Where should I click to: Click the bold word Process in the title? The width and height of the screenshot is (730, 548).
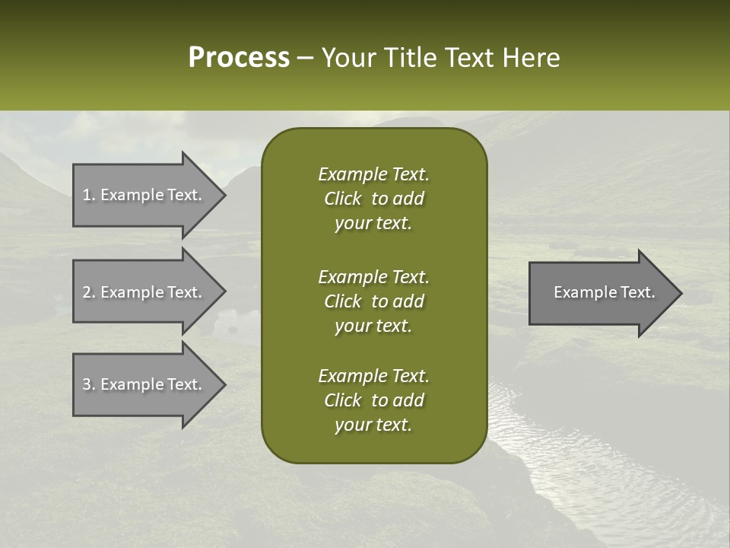[x=239, y=58]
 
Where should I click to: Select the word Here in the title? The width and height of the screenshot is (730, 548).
[x=531, y=58]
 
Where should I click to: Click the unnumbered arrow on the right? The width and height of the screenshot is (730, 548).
[x=601, y=292]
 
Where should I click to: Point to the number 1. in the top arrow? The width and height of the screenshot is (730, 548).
[x=89, y=195]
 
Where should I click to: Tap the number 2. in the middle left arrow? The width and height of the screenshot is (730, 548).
[x=89, y=292]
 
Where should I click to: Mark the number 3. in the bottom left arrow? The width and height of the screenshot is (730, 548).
[x=89, y=384]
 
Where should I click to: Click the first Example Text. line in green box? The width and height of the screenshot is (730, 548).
[x=373, y=174]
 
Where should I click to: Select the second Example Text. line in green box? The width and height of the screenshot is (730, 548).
[x=373, y=276]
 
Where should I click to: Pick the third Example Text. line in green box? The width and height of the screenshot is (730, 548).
[x=373, y=376]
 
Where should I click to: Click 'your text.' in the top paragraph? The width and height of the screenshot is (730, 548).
[x=373, y=224]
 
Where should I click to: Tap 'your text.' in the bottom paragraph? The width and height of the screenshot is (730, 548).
[x=373, y=425]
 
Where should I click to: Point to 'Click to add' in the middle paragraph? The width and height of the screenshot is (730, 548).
[x=373, y=301]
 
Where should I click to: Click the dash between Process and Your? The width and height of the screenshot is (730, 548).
[x=305, y=59]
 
